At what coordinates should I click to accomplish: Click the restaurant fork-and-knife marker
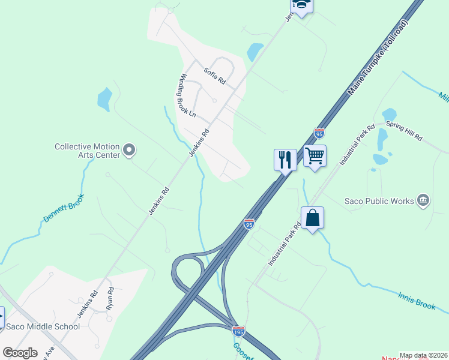tap(285, 160)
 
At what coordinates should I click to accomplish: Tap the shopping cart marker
tap(315, 156)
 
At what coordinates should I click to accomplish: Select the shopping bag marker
tap(313, 218)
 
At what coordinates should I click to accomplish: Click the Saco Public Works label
tap(379, 201)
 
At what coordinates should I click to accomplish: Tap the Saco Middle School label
tap(43, 326)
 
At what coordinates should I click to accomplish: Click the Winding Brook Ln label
tap(188, 95)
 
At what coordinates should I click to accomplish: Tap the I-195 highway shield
tap(238, 331)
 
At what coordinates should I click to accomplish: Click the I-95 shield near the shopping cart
tap(319, 133)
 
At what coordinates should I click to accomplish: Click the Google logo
tap(20, 353)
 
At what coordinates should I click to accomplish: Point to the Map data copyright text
tap(423, 355)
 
